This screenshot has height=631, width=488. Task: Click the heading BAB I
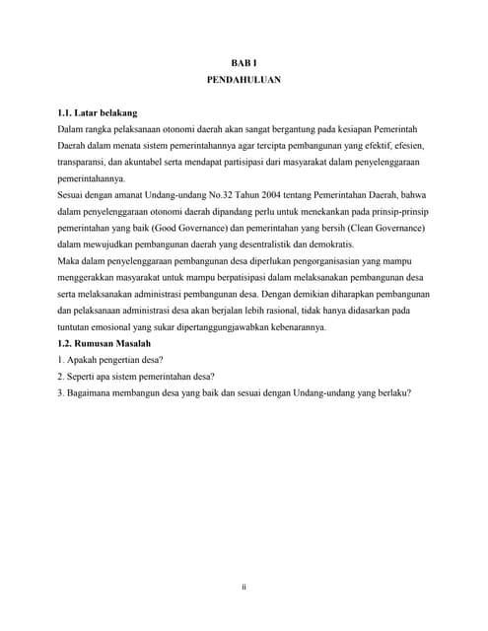(244, 63)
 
